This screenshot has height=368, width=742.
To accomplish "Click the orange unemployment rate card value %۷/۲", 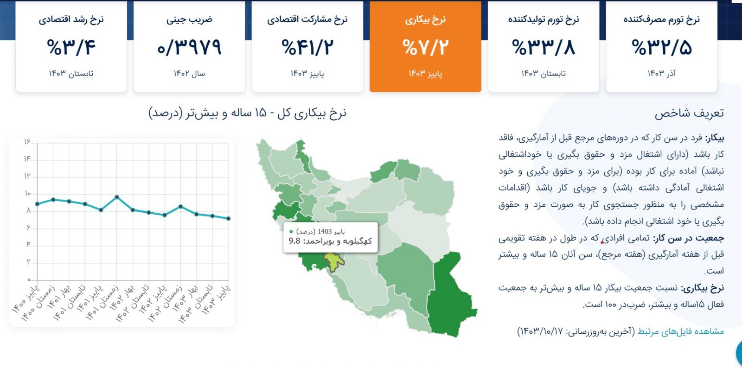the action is click(425, 47).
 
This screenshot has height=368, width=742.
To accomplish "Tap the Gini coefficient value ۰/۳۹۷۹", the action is click(189, 47).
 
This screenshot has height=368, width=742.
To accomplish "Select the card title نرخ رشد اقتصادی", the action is click(71, 19).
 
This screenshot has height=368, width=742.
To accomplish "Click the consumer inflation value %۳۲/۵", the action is click(661, 47).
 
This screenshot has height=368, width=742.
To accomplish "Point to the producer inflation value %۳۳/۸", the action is click(543, 47).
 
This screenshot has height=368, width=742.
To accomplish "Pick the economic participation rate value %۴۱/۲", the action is click(307, 47).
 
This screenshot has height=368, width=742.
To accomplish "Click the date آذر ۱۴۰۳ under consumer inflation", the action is click(661, 73).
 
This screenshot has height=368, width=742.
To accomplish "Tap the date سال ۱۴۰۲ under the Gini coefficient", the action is click(189, 73).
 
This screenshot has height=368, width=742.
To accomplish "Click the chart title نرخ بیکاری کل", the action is click(312, 113).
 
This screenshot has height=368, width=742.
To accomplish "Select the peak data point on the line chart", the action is click(117, 197).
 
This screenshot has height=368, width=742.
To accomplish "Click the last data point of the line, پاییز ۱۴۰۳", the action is click(229, 218).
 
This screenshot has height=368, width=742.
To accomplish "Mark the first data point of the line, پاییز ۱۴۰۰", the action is click(38, 204).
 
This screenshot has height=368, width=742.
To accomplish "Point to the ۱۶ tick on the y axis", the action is click(27, 142).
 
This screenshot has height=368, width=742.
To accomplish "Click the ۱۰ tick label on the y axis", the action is click(27, 193).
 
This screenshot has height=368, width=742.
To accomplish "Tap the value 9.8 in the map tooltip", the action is click(294, 241).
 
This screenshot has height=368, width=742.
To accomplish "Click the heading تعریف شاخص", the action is click(689, 113).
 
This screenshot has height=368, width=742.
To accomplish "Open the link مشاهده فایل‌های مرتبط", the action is click(681, 331).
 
